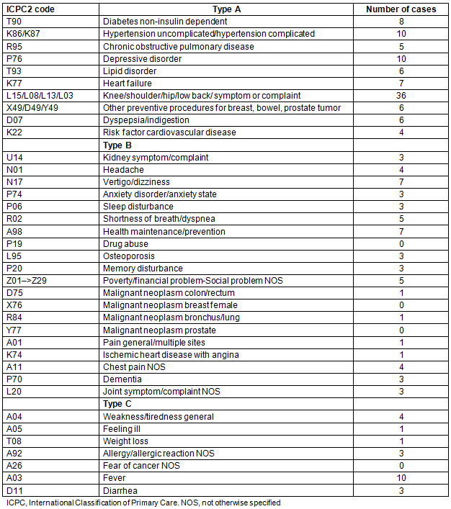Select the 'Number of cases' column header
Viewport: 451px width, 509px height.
(401, 9)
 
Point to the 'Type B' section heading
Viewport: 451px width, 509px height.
(120, 145)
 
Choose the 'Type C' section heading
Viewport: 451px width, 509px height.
(120, 404)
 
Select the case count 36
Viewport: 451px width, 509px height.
(401, 96)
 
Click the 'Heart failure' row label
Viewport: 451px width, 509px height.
(127, 84)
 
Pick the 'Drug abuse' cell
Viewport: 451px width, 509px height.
(125, 244)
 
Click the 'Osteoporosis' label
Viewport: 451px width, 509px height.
(129, 256)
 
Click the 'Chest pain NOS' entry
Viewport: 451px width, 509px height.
(133, 367)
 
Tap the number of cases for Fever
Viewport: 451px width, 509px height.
(401, 478)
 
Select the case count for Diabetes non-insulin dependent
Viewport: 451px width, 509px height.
(401, 22)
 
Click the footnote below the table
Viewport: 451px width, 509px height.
(143, 503)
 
